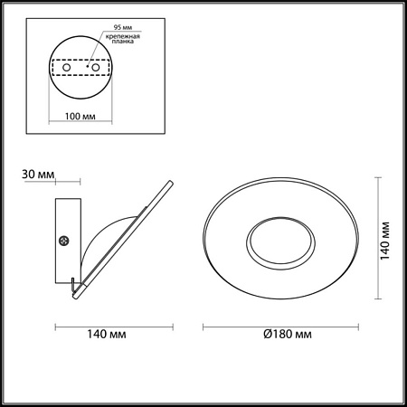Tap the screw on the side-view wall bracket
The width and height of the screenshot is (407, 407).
pyautogui.click(x=63, y=241)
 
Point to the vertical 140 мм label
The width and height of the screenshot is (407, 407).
pyautogui.click(x=387, y=239)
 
